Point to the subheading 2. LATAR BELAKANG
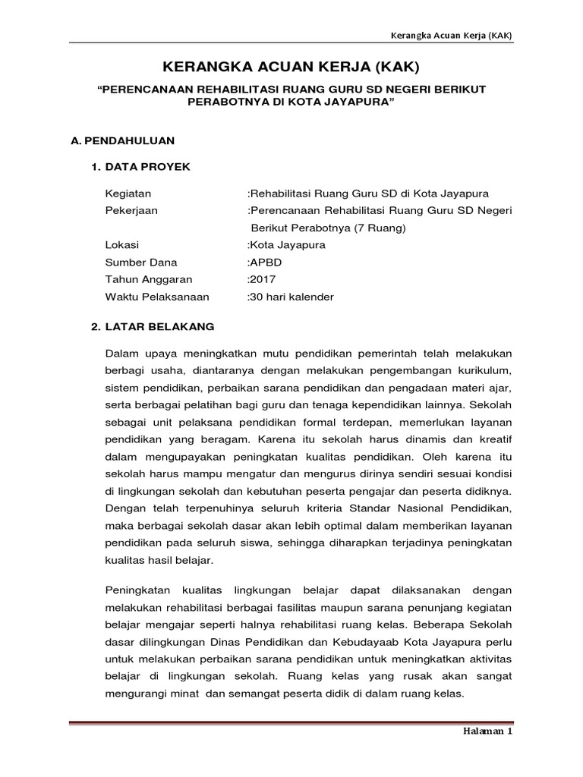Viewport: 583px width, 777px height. pyautogui.click(x=153, y=327)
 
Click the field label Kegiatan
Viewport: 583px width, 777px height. pyautogui.click(x=128, y=193)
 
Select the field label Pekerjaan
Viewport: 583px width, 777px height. pyautogui.click(x=131, y=210)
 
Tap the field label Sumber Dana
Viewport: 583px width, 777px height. pyautogui.click(x=140, y=263)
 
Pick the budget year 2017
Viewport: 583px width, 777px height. pyautogui.click(x=263, y=279)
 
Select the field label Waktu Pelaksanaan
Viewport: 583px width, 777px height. pyautogui.click(x=156, y=297)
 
